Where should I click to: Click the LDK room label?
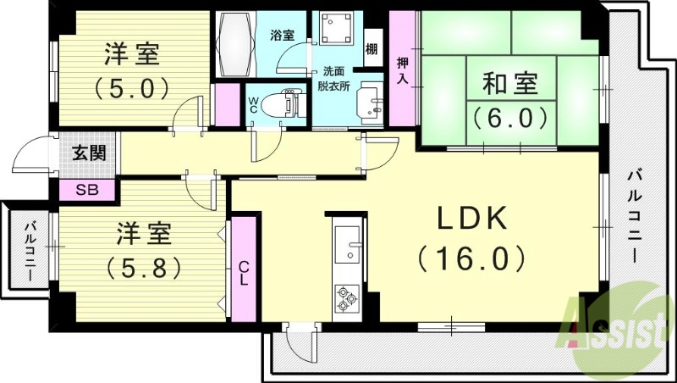[x=471, y=219]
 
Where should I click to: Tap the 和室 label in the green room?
[x=509, y=84]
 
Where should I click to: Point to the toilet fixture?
[x=280, y=105]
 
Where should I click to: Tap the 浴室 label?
[x=282, y=36]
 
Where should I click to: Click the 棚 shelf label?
[x=372, y=47]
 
